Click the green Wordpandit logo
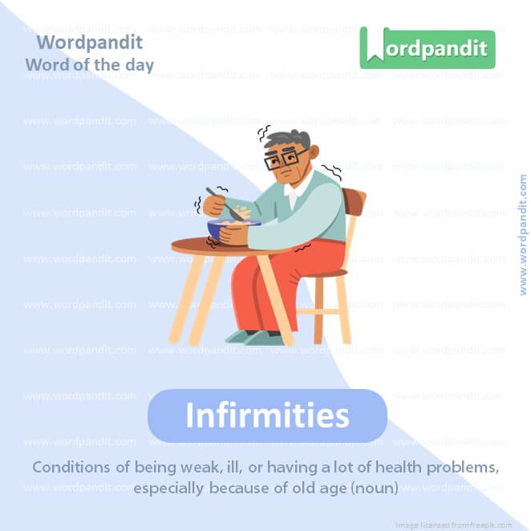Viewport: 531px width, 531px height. (427, 48)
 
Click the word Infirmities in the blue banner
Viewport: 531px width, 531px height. (267, 415)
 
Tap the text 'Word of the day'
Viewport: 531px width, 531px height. (89, 65)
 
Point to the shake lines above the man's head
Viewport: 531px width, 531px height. (265, 132)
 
